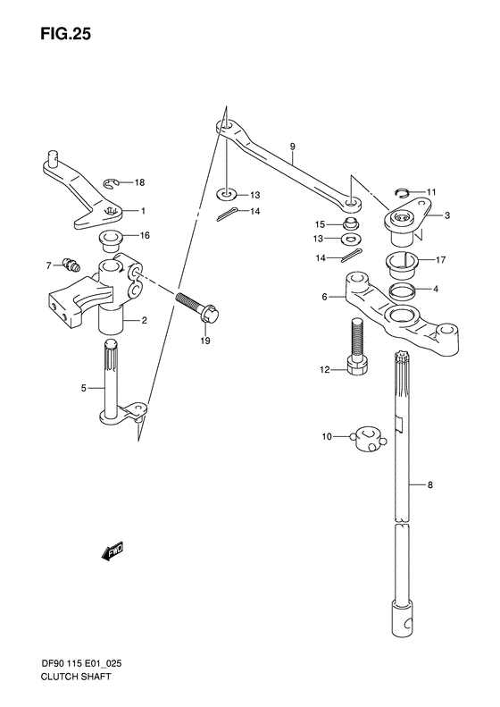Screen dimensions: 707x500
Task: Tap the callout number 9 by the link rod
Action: click(292, 145)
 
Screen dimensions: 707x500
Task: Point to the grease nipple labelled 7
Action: click(71, 265)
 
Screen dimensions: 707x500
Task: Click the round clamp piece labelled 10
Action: click(366, 437)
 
